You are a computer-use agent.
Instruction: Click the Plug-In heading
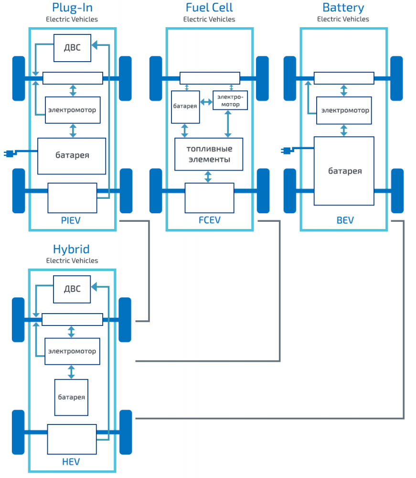[72, 8]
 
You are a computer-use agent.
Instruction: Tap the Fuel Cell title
[209, 8]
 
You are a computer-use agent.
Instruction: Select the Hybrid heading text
[71, 249]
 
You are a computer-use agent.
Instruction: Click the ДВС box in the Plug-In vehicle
[72, 48]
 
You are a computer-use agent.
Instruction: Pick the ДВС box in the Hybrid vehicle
[72, 289]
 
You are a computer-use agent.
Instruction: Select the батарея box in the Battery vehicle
[344, 171]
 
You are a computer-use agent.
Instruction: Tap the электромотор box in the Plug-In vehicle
[72, 110]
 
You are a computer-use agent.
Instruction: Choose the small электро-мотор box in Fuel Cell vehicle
[230, 100]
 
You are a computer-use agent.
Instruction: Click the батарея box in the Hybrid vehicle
[71, 397]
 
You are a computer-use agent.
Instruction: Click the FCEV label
[209, 220]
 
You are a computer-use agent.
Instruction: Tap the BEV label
[345, 220]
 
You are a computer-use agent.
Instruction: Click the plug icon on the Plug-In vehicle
[9, 153]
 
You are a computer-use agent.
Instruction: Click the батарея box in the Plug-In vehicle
[72, 156]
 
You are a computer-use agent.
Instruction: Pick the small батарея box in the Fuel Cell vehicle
[185, 106]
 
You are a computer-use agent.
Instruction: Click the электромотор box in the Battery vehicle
[345, 110]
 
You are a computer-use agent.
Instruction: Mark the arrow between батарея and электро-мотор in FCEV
[206, 102]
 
